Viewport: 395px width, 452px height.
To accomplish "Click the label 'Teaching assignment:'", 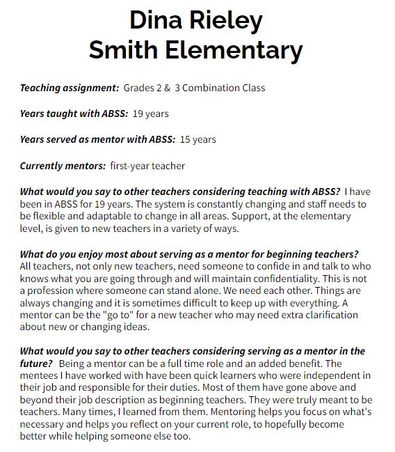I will coord(70,88).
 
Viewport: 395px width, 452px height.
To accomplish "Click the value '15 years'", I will coord(197,139).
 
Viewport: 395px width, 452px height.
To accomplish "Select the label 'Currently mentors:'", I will coord(63,166).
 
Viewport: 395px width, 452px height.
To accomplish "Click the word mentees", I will coord(41,375).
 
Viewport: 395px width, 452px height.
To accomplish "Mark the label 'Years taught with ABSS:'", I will coord(74,114).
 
